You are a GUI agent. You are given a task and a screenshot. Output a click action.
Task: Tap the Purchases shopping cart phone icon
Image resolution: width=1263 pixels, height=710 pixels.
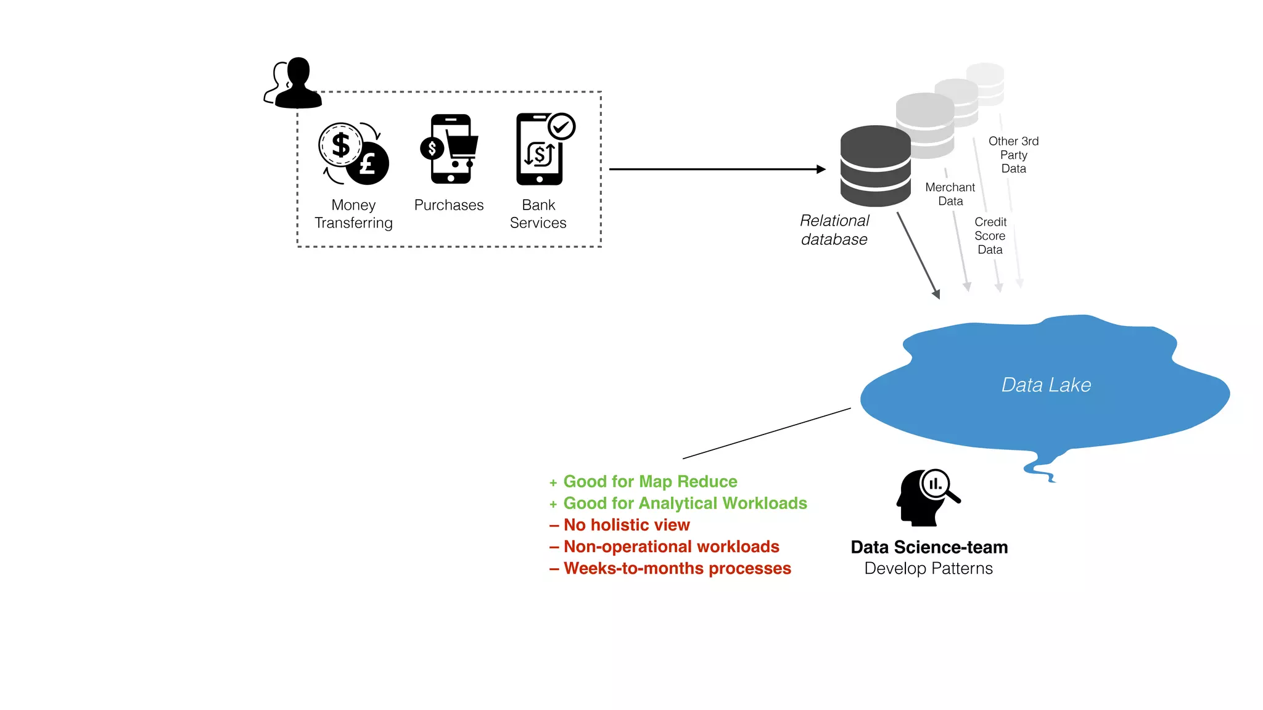451,149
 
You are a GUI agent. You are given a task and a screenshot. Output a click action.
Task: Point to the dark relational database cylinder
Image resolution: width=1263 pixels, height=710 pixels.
875,166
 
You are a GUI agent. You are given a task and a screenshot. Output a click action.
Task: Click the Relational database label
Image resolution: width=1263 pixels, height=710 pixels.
834,230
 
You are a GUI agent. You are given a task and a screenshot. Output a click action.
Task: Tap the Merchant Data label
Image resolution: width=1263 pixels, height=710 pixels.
950,194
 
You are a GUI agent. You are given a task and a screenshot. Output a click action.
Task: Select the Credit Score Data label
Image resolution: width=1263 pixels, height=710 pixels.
990,235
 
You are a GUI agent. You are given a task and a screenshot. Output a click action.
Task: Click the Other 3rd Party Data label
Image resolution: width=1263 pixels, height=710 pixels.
1013,155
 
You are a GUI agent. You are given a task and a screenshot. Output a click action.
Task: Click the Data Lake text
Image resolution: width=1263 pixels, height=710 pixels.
1046,385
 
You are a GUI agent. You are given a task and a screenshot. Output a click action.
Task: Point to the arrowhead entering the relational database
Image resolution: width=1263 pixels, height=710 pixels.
821,169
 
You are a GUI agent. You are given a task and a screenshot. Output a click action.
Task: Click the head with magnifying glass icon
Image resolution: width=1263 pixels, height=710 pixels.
926,498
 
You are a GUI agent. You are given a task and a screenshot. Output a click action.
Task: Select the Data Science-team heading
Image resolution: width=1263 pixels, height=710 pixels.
929,547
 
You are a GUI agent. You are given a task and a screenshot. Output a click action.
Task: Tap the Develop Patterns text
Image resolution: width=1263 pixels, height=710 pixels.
928,568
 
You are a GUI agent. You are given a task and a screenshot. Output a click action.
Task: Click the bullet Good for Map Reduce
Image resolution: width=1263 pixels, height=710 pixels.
650,481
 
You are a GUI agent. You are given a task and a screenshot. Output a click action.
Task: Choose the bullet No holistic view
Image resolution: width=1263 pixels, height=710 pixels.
626,525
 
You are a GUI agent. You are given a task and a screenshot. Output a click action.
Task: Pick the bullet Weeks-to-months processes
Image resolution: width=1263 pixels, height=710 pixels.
677,568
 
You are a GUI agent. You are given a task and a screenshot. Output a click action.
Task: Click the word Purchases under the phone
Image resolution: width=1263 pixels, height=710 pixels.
449,205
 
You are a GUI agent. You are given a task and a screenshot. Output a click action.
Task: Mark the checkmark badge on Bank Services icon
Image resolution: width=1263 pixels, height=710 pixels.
561,127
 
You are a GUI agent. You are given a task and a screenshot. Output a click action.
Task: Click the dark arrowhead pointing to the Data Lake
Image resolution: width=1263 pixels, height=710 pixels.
936,294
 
